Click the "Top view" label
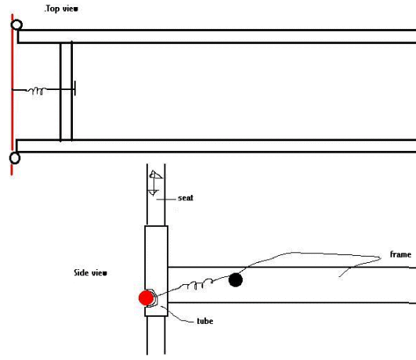[x=62, y=9]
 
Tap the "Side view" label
[x=90, y=273]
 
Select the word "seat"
[x=186, y=198]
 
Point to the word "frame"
[x=400, y=254]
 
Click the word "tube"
[x=204, y=321]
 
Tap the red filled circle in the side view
[x=147, y=297]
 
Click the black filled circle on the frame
[x=236, y=279]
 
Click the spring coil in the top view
[x=37, y=91]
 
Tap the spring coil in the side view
[x=197, y=284]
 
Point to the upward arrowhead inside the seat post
[x=155, y=175]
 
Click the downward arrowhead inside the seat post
[x=153, y=193]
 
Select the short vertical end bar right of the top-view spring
[x=75, y=88]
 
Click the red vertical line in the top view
[x=12, y=95]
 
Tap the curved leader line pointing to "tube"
[x=176, y=315]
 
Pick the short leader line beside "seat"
[x=166, y=199]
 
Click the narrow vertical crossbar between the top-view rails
[x=67, y=91]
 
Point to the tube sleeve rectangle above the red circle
[x=156, y=271]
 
